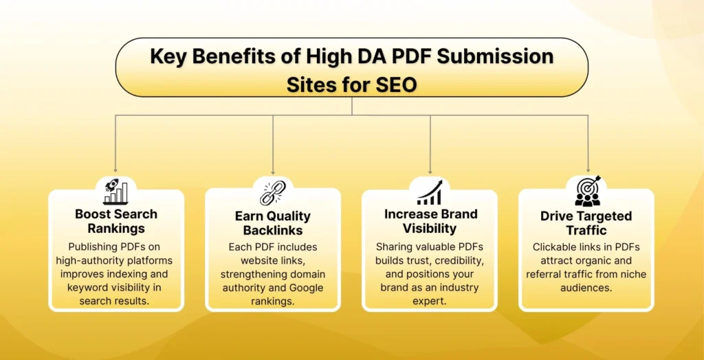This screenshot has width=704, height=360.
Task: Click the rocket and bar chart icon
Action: (115, 191)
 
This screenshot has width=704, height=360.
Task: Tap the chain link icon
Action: (272, 192)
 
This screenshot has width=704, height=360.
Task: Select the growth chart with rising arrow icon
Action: (430, 192)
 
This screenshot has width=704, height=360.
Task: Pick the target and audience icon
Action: (587, 191)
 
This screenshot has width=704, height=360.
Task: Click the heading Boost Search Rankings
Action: (116, 221)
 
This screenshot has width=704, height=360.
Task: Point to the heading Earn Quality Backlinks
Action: (273, 223)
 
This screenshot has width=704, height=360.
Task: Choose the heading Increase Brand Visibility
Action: (430, 221)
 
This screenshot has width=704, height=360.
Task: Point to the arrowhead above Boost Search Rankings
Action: (115, 168)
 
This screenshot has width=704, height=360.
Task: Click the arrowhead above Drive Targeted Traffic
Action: (587, 168)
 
